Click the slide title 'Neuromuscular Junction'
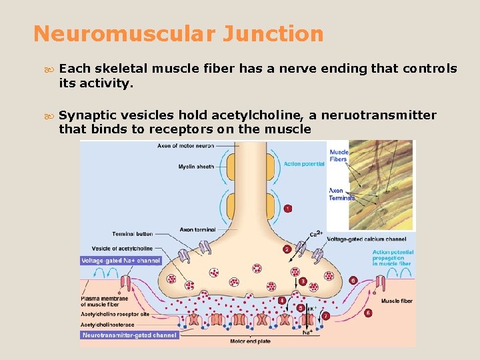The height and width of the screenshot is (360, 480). (178, 34)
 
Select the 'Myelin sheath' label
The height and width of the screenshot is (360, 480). (196, 167)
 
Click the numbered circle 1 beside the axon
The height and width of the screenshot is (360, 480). (287, 209)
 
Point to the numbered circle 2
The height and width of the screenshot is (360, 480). (287, 249)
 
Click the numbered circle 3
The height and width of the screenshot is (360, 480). (303, 281)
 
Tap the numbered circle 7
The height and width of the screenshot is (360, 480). (326, 315)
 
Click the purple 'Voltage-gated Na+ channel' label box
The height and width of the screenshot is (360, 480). (121, 261)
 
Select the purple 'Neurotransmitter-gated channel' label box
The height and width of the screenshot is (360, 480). (129, 335)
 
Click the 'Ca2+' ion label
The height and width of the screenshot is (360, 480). (316, 234)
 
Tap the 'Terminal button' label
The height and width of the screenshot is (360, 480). (132, 234)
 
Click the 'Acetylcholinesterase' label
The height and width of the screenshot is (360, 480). (107, 325)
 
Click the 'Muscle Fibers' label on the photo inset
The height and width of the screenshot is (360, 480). (339, 156)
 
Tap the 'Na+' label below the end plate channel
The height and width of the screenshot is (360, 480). (307, 332)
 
